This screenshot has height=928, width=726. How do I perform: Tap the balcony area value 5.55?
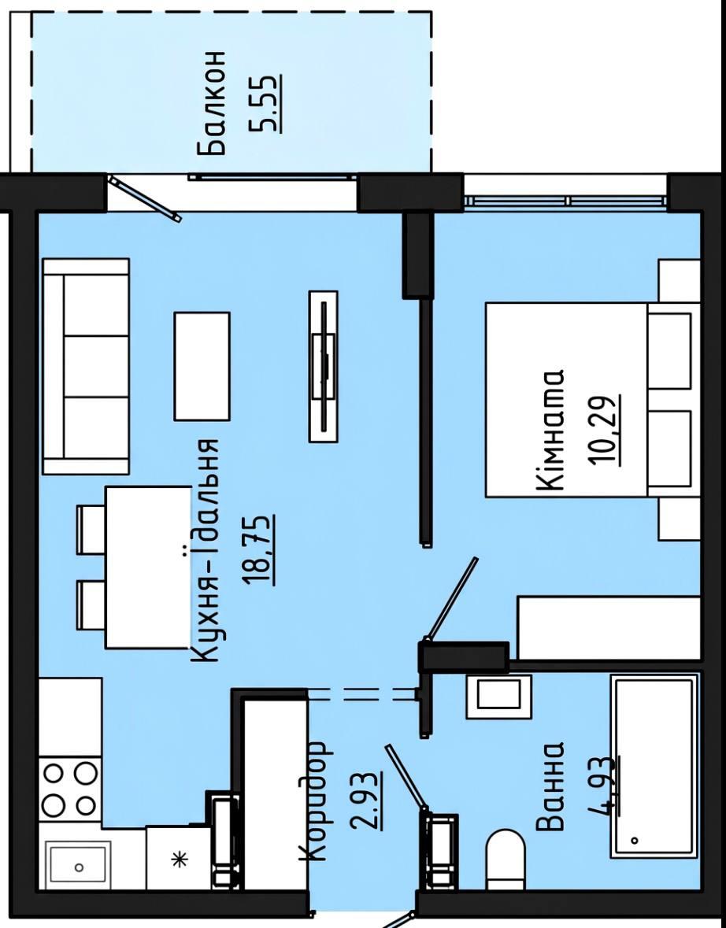tap(269, 102)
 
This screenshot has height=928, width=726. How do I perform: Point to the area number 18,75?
tap(261, 550)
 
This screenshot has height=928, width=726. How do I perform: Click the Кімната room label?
tap(550, 431)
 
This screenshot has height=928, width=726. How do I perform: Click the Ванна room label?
tap(550, 786)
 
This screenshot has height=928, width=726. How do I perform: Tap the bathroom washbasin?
tap(498, 696)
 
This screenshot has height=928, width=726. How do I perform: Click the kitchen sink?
tap(79, 867)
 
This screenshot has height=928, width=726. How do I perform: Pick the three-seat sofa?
tap(86, 366)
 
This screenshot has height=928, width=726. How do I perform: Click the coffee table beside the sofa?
tap(202, 366)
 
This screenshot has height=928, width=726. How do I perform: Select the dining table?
tap(148, 567)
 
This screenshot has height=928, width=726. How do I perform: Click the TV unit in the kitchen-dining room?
tap(324, 366)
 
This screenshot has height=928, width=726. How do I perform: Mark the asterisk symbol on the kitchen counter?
tap(178, 859)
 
